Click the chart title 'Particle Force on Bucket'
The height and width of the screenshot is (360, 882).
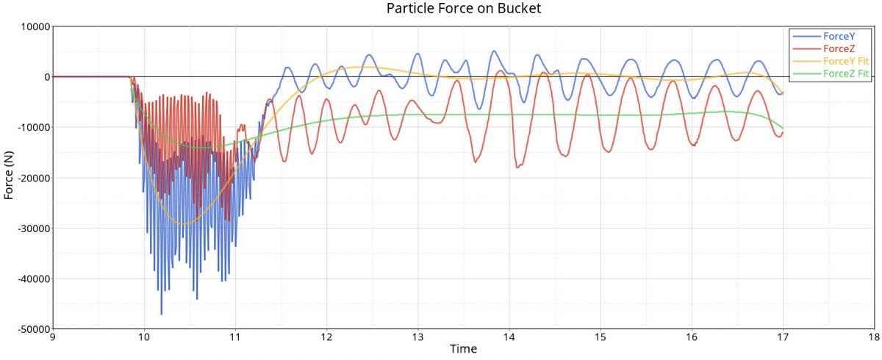click(x=464, y=9)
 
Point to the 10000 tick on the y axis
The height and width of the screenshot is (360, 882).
click(x=32, y=26)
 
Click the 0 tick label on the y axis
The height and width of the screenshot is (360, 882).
click(x=46, y=77)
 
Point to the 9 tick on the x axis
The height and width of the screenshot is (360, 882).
click(x=53, y=338)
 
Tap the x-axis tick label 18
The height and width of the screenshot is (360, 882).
click(x=873, y=338)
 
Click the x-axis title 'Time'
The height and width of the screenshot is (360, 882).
click(x=463, y=349)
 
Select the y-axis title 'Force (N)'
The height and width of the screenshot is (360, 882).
click(x=9, y=177)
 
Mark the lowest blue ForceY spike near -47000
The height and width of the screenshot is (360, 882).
click(x=161, y=314)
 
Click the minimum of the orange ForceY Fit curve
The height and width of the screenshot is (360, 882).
click(x=184, y=223)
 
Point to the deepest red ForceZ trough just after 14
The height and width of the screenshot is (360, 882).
click(x=518, y=168)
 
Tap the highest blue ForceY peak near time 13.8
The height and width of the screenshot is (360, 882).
click(x=494, y=51)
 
